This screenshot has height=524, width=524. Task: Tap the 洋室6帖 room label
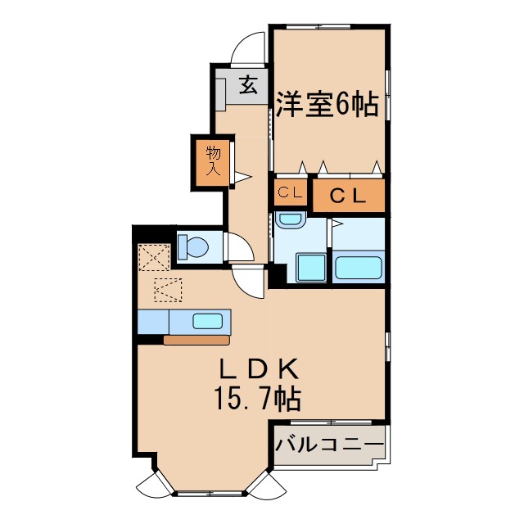[326, 106]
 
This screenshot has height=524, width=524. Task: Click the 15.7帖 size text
[257, 399]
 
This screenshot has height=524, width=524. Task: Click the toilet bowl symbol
[195, 246]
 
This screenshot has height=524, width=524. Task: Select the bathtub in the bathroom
[359, 268]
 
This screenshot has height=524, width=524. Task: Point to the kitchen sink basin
[208, 320]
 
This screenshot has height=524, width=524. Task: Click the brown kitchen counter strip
[196, 340]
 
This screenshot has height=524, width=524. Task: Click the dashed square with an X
[152, 256]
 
